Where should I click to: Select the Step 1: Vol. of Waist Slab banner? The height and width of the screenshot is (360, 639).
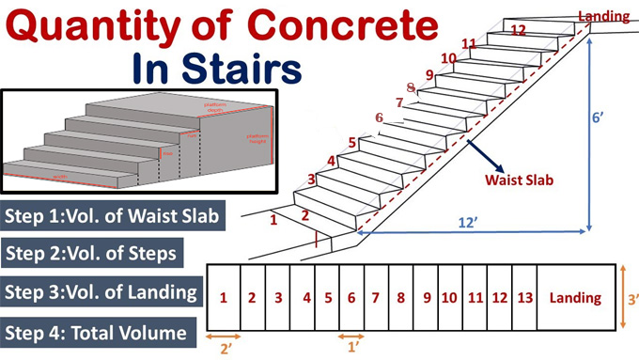[114, 215]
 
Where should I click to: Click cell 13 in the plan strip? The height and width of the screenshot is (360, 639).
[524, 298]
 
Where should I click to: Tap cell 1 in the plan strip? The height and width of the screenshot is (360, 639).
[224, 298]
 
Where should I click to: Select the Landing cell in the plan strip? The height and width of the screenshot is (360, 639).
[575, 298]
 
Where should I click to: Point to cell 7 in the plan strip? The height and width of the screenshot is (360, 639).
[375, 298]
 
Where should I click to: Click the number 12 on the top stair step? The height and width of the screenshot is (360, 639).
[518, 29]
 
